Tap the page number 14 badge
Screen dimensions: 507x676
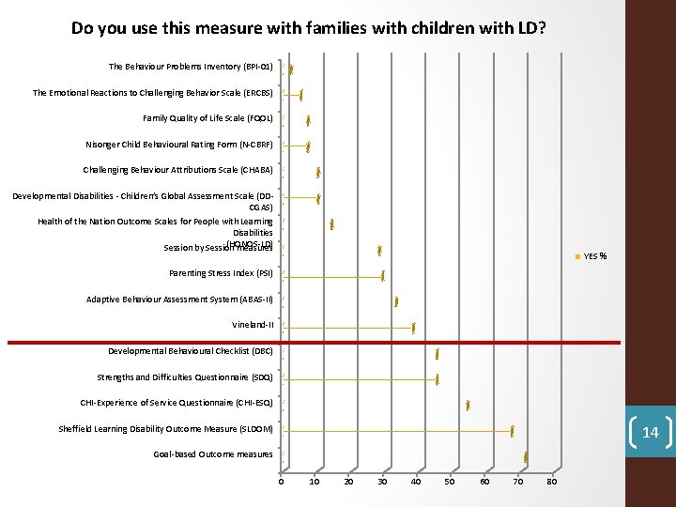click(x=650, y=433)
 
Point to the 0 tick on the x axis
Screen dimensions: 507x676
click(x=281, y=482)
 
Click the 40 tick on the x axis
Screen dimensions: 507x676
click(x=416, y=482)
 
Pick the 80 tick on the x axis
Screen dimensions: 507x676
click(x=551, y=482)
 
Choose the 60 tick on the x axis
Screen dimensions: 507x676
click(x=484, y=482)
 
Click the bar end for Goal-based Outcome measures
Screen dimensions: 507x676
click(x=526, y=456)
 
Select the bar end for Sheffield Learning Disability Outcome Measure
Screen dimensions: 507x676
click(x=513, y=430)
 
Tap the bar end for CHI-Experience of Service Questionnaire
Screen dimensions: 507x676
click(x=468, y=405)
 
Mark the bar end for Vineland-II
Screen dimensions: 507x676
click(x=413, y=327)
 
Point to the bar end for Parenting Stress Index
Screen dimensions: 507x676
click(x=383, y=276)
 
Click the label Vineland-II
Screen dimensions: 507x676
click(x=253, y=325)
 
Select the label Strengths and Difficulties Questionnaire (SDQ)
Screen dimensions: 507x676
click(x=185, y=377)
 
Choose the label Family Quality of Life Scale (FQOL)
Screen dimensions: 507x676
click(x=207, y=118)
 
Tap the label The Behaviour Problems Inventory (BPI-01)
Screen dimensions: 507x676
click(x=191, y=67)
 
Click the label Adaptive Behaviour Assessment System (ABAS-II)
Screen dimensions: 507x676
click(x=179, y=300)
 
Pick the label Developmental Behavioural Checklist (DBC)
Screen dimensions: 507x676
click(x=191, y=351)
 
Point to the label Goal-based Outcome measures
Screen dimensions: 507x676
click(x=213, y=454)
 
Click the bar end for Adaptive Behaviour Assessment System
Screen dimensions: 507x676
click(x=397, y=301)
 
